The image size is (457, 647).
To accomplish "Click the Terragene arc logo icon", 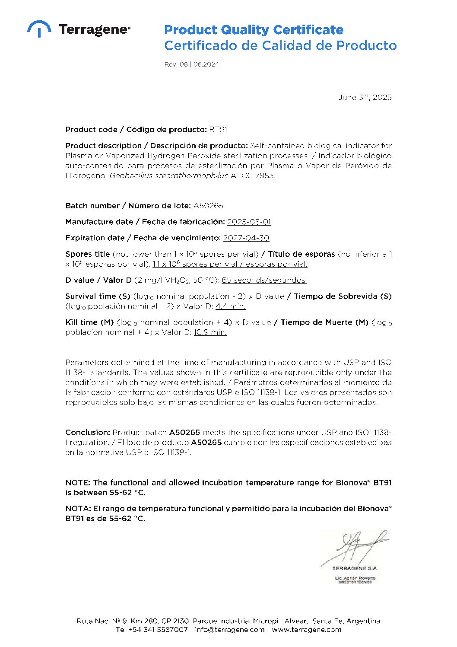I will point(39,29).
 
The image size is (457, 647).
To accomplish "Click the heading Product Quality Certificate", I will point(254,30).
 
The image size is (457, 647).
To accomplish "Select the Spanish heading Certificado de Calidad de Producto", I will point(280,45).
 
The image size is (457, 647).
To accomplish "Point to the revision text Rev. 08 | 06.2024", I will point(191,64).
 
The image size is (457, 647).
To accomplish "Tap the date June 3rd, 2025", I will point(365,97).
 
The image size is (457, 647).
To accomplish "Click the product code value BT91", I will point(218,130).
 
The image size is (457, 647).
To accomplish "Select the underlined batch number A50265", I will point(208,206).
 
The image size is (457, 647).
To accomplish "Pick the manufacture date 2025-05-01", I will point(249,222).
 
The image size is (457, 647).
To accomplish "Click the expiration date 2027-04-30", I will point(246,238).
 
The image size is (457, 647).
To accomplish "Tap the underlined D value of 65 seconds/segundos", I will point(264,280).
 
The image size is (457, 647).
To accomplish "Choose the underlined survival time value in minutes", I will point(230,306).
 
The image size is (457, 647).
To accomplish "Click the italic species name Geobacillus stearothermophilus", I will point(169,175).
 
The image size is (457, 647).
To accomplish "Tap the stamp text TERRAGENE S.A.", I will point(355,568).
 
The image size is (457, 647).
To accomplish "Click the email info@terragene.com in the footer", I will point(229,629).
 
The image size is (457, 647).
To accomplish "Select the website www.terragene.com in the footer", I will point(306,629).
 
